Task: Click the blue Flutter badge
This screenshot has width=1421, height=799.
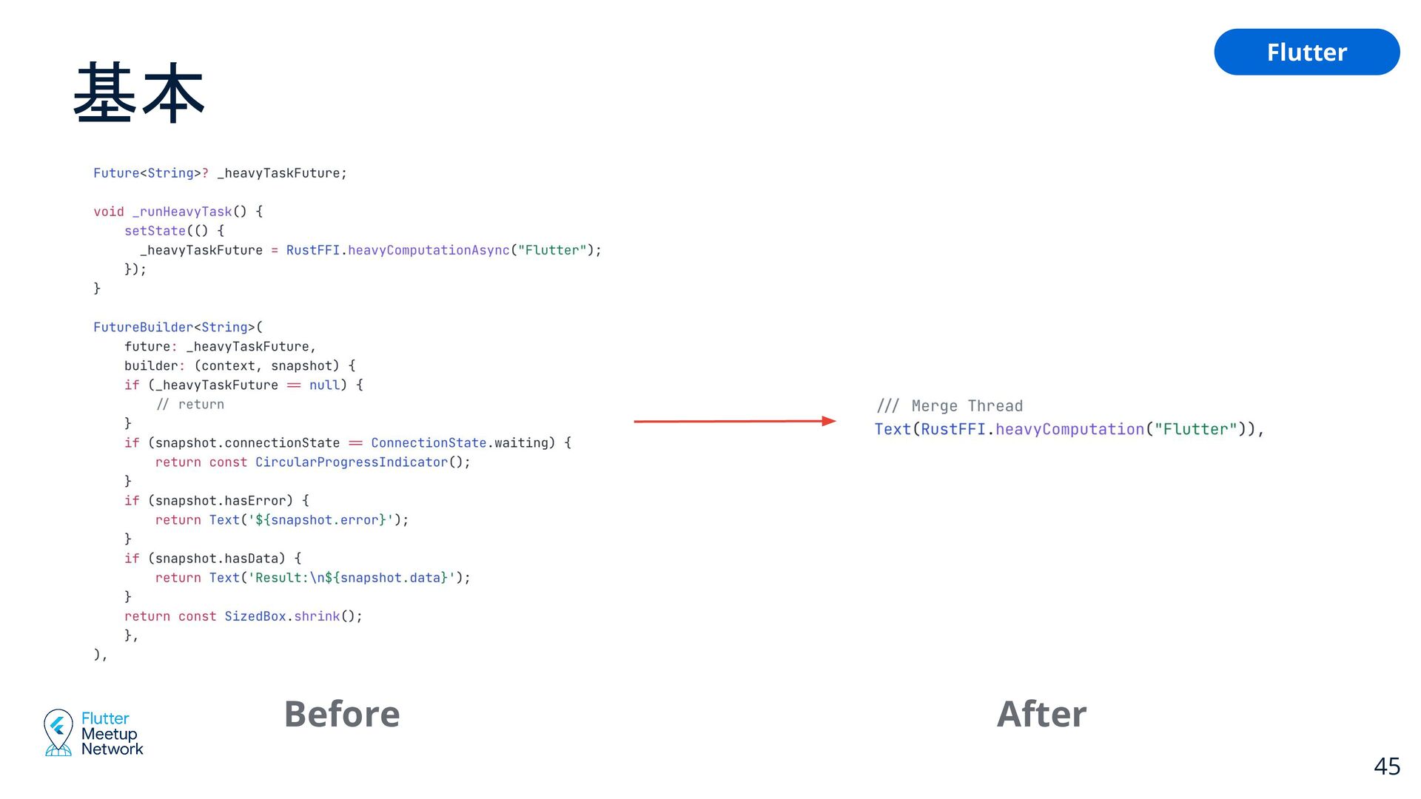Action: point(1306,52)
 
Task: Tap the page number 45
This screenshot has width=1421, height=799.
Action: point(1386,766)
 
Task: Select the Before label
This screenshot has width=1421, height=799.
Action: point(342,714)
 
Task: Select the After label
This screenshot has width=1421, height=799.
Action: point(1041,714)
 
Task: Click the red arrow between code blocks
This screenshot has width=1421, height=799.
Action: point(734,421)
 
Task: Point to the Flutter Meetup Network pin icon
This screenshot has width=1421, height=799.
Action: point(58,732)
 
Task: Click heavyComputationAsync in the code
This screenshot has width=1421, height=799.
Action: point(429,250)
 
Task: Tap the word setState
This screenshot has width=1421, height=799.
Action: point(155,231)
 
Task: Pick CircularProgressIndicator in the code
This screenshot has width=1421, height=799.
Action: point(352,462)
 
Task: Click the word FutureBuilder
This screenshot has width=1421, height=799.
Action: point(143,327)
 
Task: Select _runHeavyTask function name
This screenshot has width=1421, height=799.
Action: point(182,212)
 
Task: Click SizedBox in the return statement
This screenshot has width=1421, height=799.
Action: point(255,616)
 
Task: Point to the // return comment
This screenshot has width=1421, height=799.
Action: point(190,405)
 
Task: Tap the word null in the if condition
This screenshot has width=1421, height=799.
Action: point(324,385)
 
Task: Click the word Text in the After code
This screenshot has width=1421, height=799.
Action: point(893,429)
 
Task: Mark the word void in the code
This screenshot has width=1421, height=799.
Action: point(108,212)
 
